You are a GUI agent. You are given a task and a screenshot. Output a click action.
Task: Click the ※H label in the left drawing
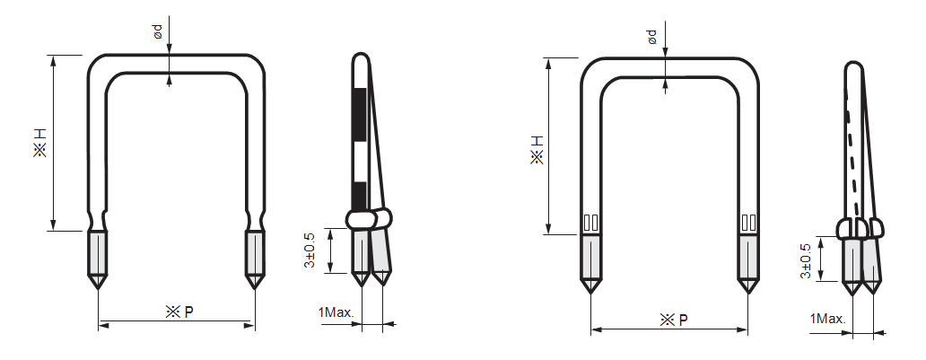[40, 143]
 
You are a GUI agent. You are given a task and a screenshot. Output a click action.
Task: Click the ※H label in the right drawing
[537, 149]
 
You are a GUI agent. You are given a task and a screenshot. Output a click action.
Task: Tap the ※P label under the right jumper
[673, 320]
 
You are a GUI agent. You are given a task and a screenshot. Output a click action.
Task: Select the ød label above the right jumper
[652, 37]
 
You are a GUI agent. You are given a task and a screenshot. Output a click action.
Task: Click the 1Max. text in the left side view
[336, 312]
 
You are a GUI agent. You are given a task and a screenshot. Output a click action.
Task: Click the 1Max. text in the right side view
[828, 319]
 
